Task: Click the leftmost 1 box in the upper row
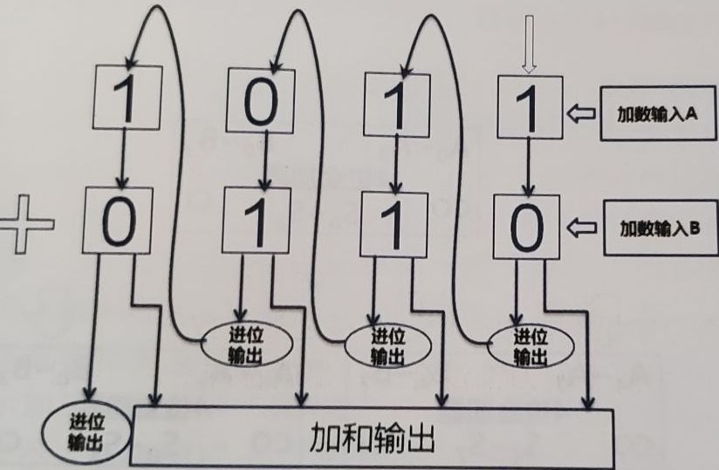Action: pyautogui.click(x=127, y=101)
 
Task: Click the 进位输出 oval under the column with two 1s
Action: pyautogui.click(x=381, y=347)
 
